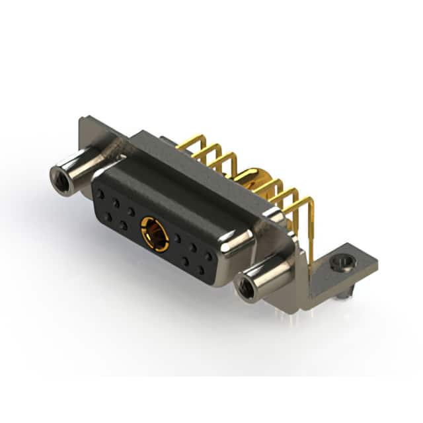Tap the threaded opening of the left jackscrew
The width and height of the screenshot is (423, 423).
coord(59,176)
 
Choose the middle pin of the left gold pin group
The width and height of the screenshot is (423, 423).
coord(210,153)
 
